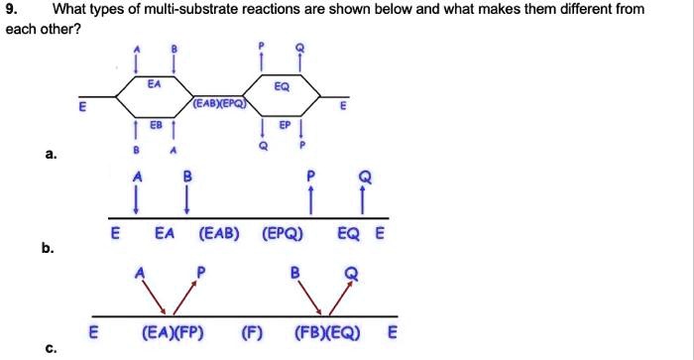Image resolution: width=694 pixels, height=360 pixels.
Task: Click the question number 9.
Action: [x=12, y=10]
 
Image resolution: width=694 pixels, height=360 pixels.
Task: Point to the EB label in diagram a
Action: [x=155, y=125]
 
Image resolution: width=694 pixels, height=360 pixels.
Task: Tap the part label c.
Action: [x=49, y=348]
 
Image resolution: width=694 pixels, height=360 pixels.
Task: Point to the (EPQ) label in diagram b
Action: [x=284, y=236]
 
